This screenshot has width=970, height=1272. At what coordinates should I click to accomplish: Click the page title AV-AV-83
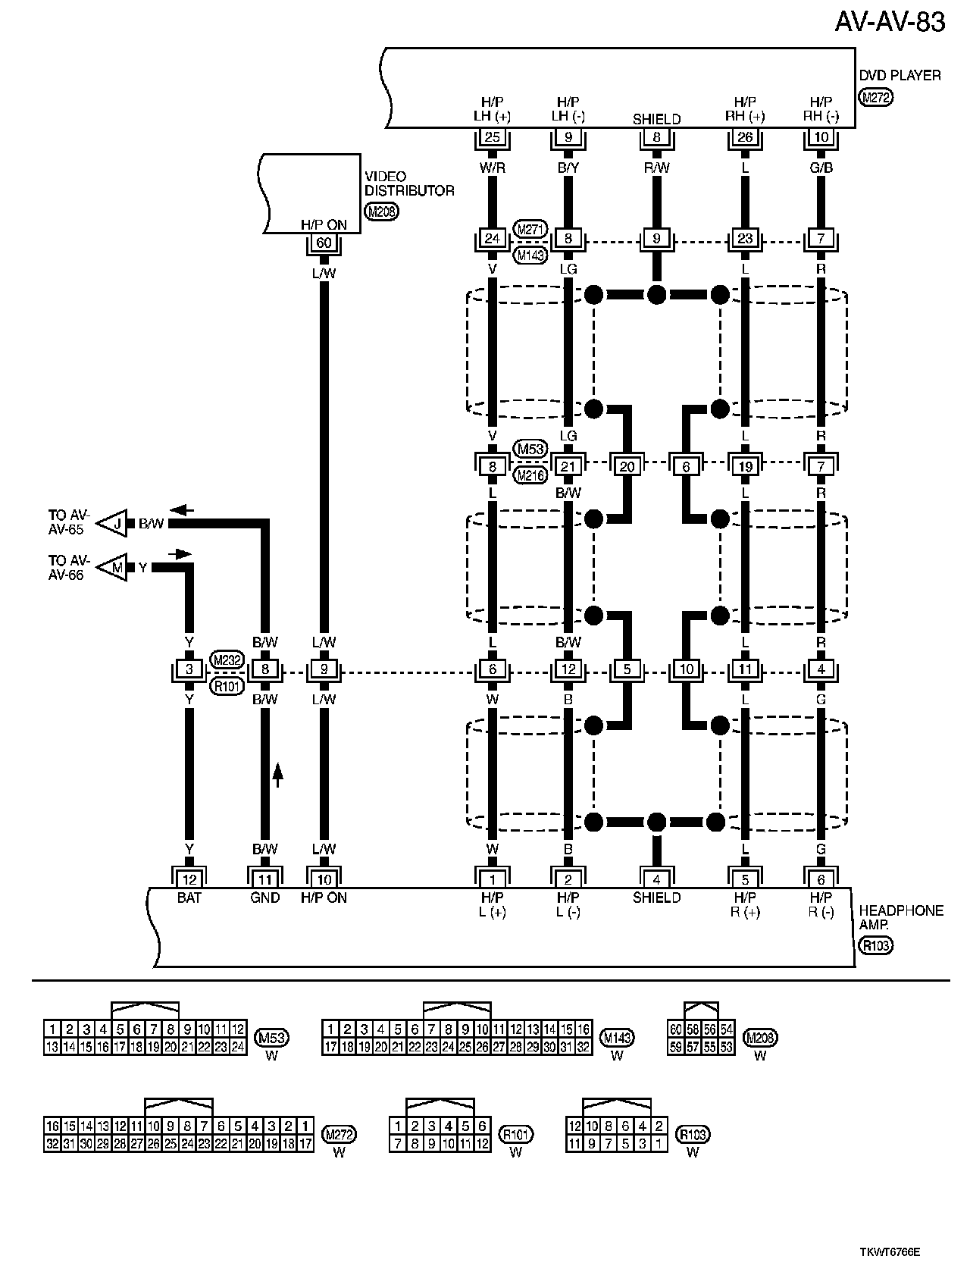890,22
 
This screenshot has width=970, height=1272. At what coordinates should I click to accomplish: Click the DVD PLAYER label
900,76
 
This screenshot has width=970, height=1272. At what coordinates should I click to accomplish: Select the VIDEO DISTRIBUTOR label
409,183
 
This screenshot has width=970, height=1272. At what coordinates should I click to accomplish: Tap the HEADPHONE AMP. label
901,918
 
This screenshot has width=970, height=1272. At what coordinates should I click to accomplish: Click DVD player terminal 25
493,137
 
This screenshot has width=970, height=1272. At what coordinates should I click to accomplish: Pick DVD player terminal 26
745,137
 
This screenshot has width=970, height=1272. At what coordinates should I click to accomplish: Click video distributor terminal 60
324,243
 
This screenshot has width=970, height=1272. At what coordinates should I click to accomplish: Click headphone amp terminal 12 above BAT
189,879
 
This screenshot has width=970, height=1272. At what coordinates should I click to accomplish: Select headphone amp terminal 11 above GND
264,879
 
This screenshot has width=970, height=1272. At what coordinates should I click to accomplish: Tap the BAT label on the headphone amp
189,898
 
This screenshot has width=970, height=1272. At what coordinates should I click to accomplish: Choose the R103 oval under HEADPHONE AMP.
876,945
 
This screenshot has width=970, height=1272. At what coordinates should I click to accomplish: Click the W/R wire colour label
493,168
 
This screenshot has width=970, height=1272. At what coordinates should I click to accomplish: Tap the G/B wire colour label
821,168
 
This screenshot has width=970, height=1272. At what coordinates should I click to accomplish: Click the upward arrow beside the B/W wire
277,774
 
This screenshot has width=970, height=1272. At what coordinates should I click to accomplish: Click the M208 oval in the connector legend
760,1038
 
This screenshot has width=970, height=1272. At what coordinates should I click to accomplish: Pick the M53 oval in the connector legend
271,1038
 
